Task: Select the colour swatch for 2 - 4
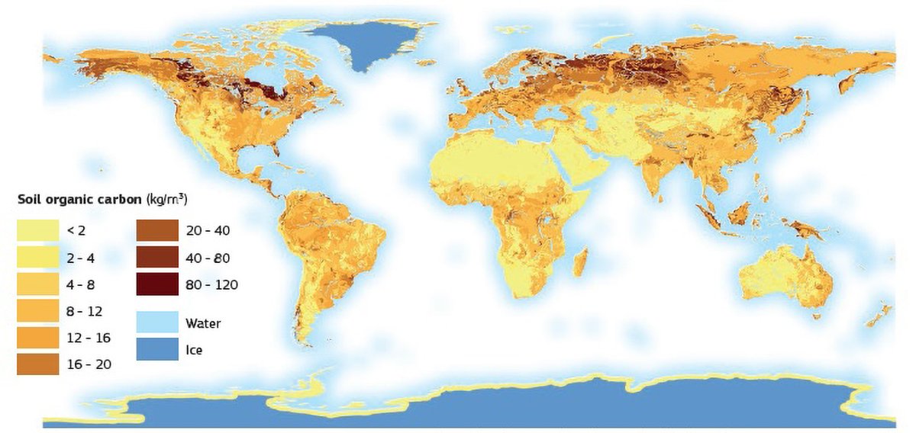[x=38, y=258]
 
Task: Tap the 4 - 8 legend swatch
[x=38, y=284]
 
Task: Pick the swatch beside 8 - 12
[x=38, y=311]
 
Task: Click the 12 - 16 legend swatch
[x=38, y=338]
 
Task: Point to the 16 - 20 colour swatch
[x=38, y=364]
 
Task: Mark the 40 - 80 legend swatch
[x=157, y=258]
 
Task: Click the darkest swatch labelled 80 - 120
[x=157, y=284]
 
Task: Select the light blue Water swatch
[x=157, y=323]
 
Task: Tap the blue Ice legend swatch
[x=157, y=350]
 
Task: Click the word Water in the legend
[x=203, y=323]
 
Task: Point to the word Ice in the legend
[x=194, y=351]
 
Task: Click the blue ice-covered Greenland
[x=366, y=42]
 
